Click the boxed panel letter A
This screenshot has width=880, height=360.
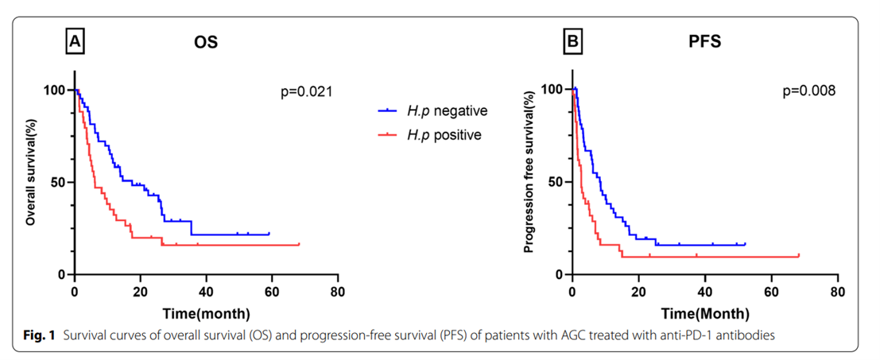point(75,42)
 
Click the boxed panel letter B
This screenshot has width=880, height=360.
point(572,42)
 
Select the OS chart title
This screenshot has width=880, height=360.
point(206,42)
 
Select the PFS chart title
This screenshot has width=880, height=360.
point(704,42)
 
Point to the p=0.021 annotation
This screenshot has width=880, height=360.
point(304,93)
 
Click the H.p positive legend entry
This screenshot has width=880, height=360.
point(444,135)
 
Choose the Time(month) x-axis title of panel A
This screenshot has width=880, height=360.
point(207,312)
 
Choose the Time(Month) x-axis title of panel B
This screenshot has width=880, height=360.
point(704,312)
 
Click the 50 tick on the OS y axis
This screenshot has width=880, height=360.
point(57,182)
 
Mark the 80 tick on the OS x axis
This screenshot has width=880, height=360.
point(339,291)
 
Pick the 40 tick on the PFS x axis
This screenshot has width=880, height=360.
point(704,291)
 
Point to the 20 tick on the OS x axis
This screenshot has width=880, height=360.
point(141,291)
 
